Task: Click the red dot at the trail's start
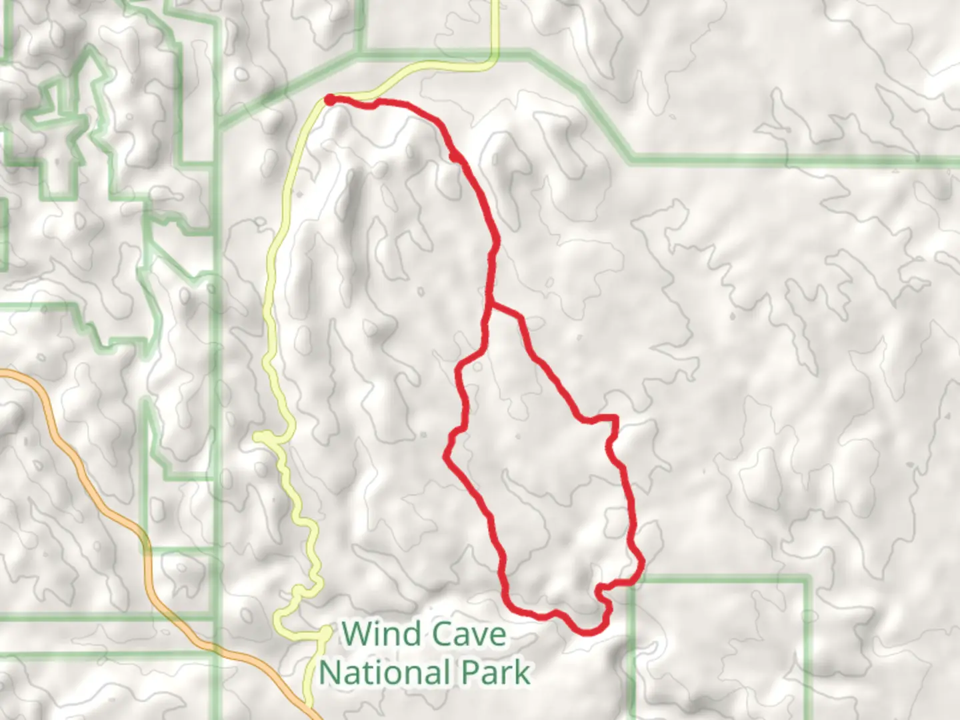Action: pyautogui.click(x=329, y=100)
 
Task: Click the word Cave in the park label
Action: pyautogui.click(x=469, y=634)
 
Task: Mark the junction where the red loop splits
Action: pyautogui.click(x=491, y=306)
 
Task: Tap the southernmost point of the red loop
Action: pyautogui.click(x=587, y=631)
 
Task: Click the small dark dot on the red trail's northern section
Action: pyautogui.click(x=454, y=157)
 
